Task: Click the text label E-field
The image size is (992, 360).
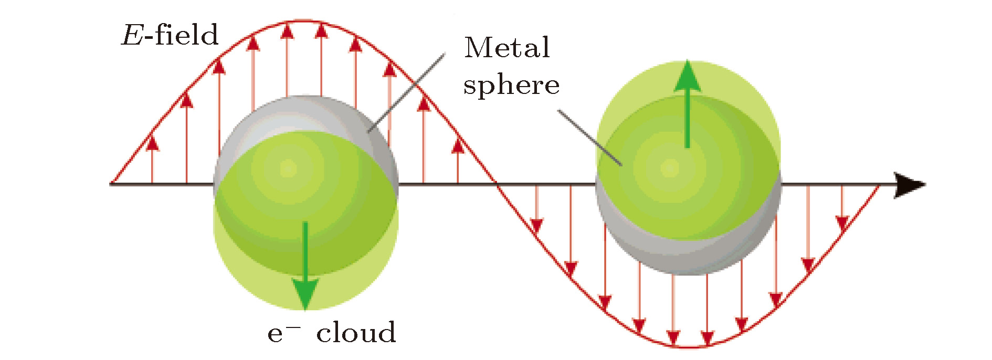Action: tap(170, 36)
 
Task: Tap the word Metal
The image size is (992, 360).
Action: tap(507, 48)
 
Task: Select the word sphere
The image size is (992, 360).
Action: tap(511, 85)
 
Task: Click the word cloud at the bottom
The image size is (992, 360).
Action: tap(356, 333)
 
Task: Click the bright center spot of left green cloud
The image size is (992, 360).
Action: tap(288, 169)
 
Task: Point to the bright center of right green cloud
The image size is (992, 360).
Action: tap(670, 168)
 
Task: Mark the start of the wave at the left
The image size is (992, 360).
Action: tap(112, 184)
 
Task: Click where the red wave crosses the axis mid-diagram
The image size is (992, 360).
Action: tap(496, 184)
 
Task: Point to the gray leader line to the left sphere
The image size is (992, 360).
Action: tap(407, 92)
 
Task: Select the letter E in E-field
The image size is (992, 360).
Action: tap(131, 36)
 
